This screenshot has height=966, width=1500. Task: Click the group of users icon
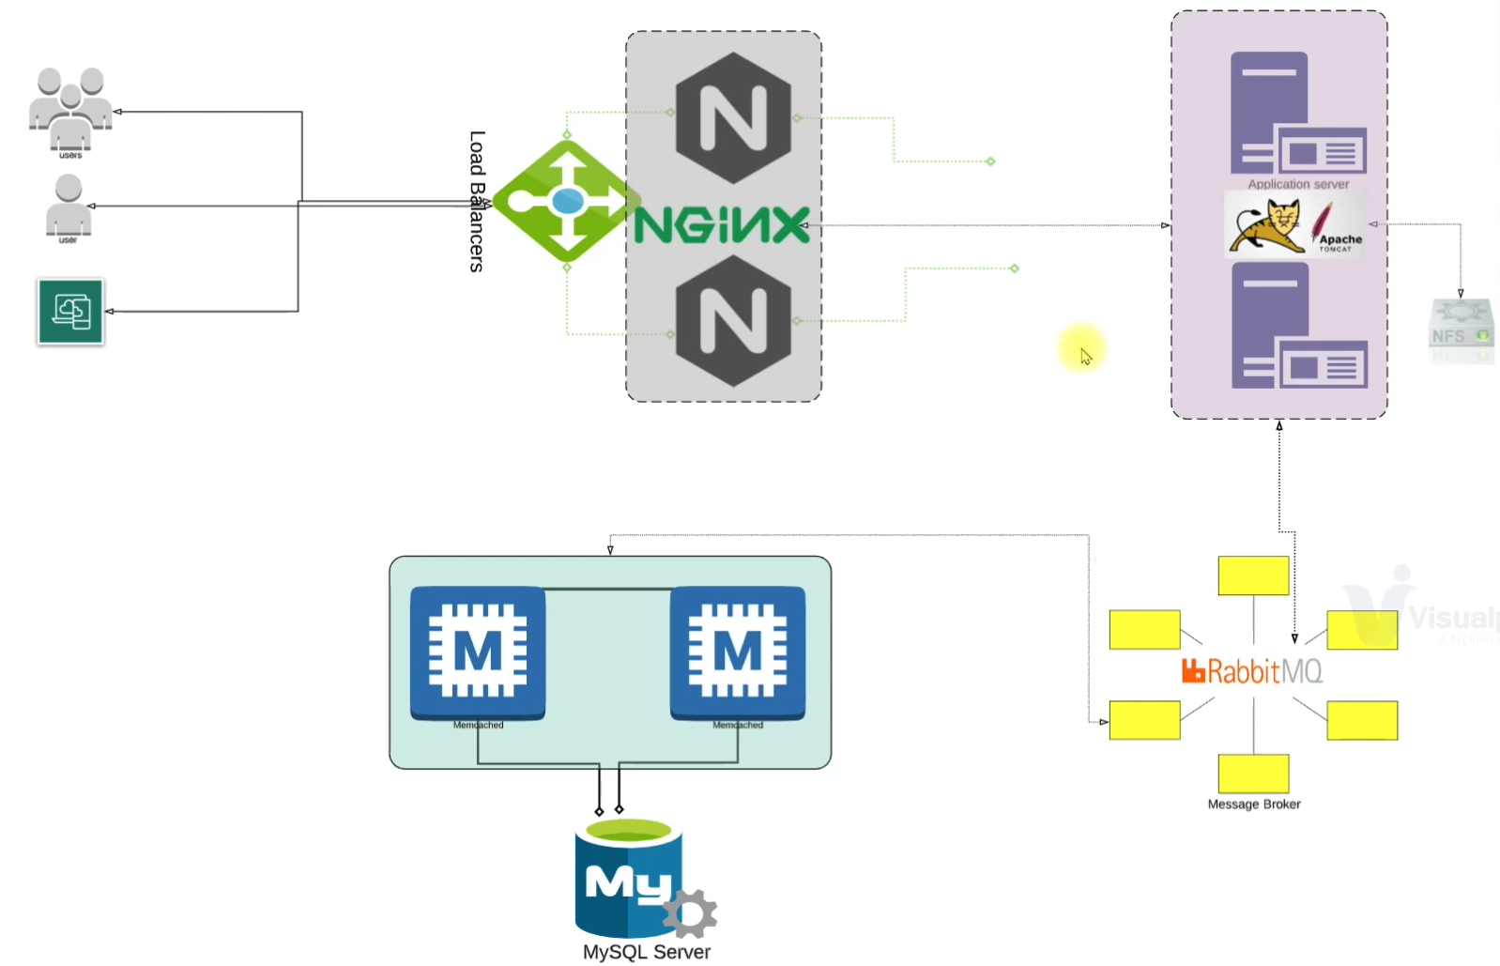(x=70, y=108)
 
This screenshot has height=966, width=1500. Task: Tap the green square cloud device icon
(x=71, y=312)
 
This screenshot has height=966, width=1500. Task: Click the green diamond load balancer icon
(x=566, y=201)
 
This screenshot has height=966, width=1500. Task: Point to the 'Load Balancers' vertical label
(x=477, y=201)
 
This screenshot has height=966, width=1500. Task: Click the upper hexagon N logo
(x=733, y=118)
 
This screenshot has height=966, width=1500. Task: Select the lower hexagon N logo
(x=733, y=321)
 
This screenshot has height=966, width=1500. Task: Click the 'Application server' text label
(x=1298, y=184)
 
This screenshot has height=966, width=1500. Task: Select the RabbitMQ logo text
(x=1253, y=671)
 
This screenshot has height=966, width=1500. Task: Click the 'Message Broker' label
(x=1254, y=804)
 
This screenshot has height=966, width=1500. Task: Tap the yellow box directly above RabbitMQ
(x=1253, y=575)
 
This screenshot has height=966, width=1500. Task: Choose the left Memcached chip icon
(x=478, y=652)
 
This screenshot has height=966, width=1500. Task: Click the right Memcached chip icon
(x=738, y=652)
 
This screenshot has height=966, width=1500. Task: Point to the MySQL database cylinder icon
(x=628, y=878)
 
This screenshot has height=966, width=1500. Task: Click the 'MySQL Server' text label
(x=647, y=952)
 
